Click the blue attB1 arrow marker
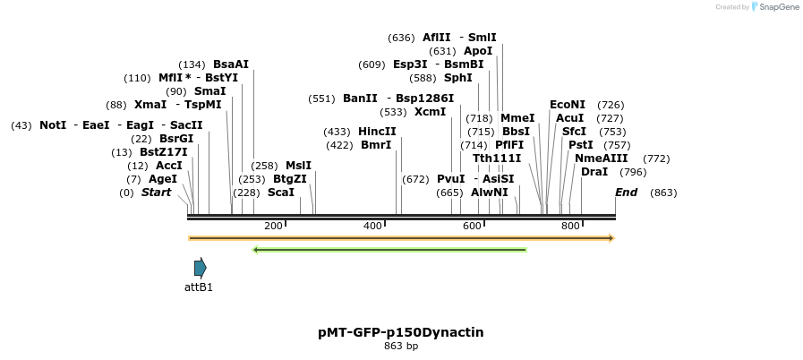pyautogui.click(x=200, y=267)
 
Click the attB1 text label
pyautogui.click(x=199, y=287)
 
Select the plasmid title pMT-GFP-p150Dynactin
pyautogui.click(x=400, y=332)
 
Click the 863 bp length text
pyautogui.click(x=400, y=346)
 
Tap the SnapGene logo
pyautogui.click(x=774, y=7)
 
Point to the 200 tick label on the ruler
pyautogui.click(x=273, y=227)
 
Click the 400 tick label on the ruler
pyautogui.click(x=372, y=227)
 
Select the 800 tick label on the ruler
pyautogui.click(x=570, y=227)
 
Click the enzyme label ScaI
pyautogui.click(x=280, y=193)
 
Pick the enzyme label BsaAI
pyautogui.click(x=231, y=64)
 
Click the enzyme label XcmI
pyautogui.click(x=430, y=112)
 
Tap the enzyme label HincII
pyautogui.click(x=377, y=132)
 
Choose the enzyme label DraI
pyautogui.click(x=594, y=172)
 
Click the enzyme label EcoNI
pyautogui.click(x=568, y=105)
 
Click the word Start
pyautogui.click(x=156, y=193)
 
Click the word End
pyautogui.click(x=627, y=193)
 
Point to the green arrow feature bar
pyautogui.click(x=389, y=250)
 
